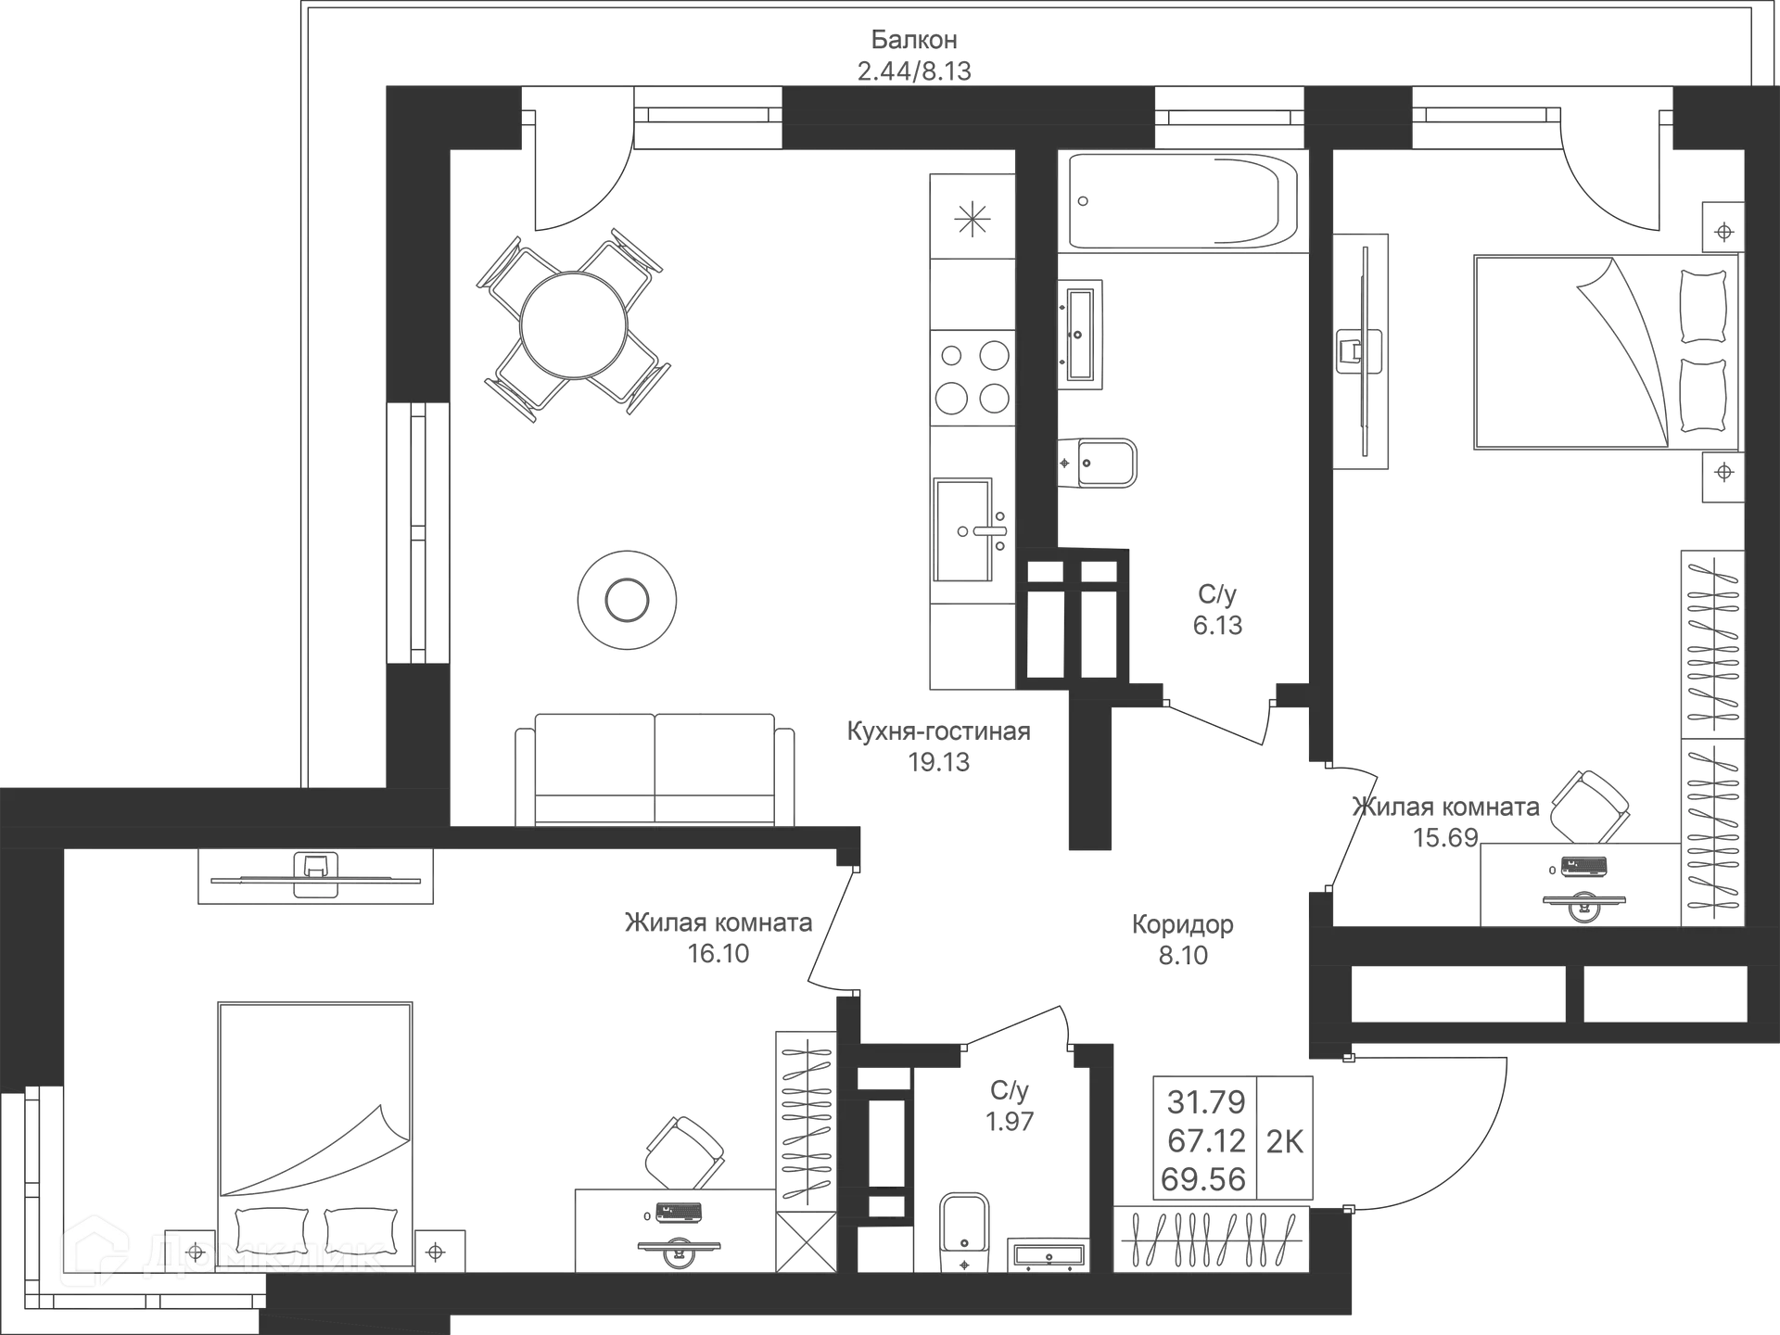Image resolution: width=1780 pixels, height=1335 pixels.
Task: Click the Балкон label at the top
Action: (x=914, y=40)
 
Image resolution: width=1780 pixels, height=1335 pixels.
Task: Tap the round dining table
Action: (x=572, y=325)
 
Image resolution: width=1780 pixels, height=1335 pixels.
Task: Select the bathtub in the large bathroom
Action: (x=1183, y=201)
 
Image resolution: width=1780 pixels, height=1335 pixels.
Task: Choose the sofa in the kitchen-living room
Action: (x=655, y=769)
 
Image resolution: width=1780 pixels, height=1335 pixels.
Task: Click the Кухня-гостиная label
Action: (x=938, y=731)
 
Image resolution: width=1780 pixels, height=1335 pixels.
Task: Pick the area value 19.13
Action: (x=938, y=762)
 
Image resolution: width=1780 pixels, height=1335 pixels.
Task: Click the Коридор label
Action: (x=1183, y=924)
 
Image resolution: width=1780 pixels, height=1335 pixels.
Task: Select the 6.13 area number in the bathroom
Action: (x=1217, y=625)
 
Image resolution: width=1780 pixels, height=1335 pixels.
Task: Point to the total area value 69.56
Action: (x=1202, y=1179)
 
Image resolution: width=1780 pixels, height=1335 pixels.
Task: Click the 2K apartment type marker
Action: (x=1284, y=1141)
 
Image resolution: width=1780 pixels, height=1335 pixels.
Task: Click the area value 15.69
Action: (x=1446, y=837)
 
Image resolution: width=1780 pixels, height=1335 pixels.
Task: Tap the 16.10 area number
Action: (x=718, y=954)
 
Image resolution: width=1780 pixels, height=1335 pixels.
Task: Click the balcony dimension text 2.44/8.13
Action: (x=914, y=70)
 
